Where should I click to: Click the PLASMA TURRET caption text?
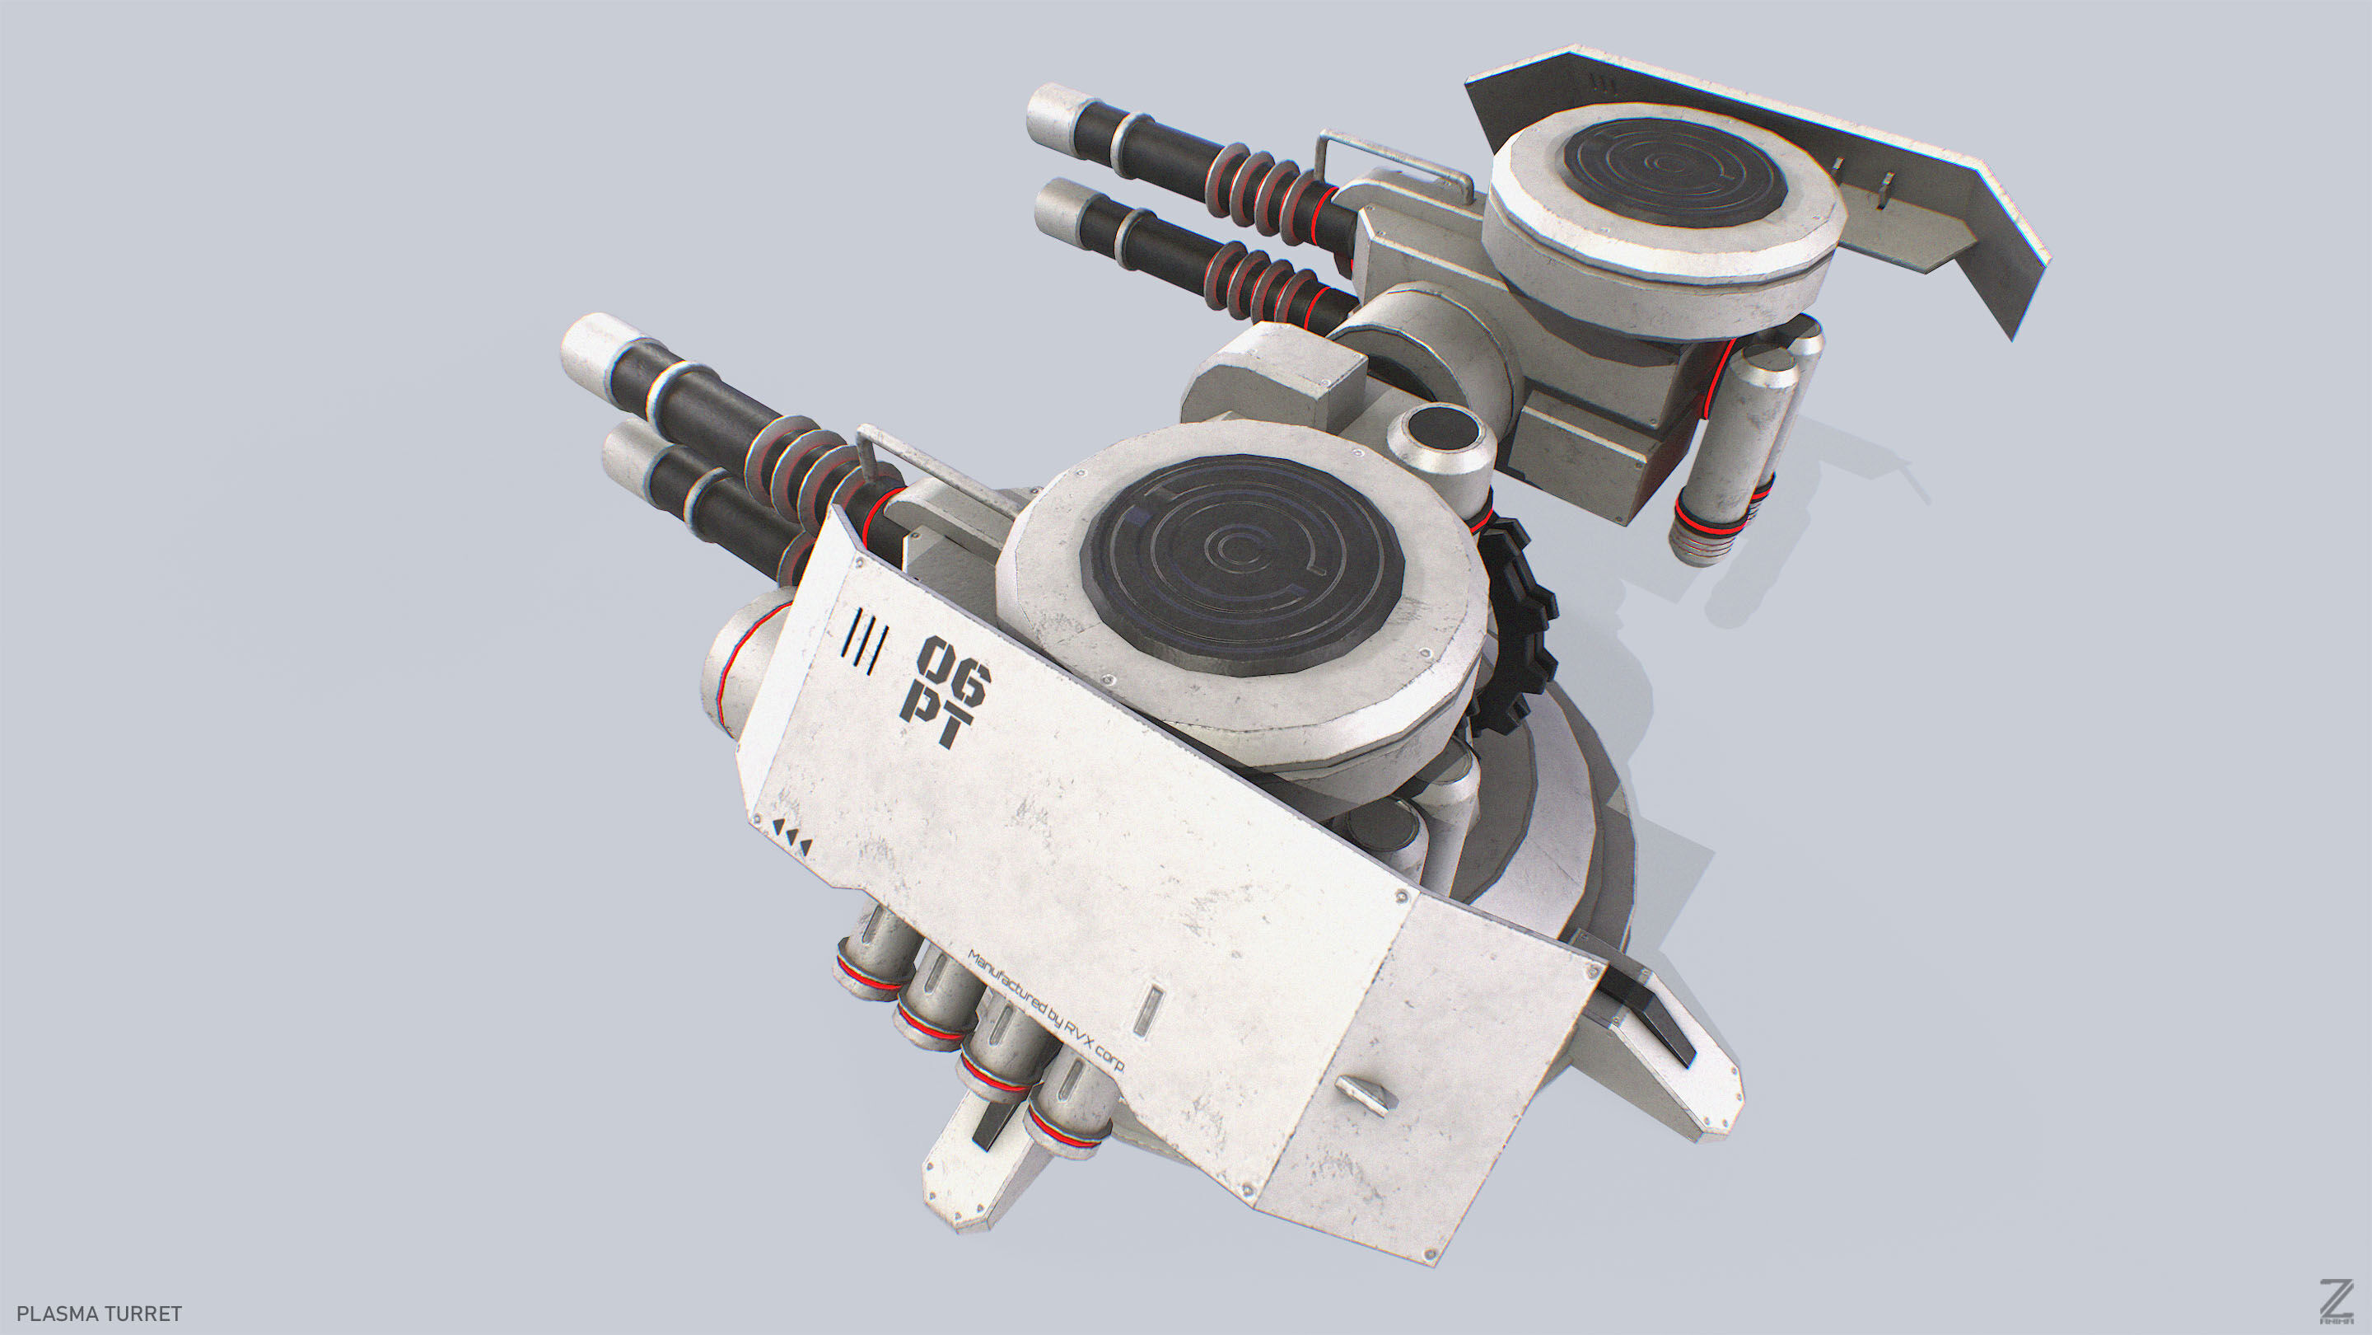100,1313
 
